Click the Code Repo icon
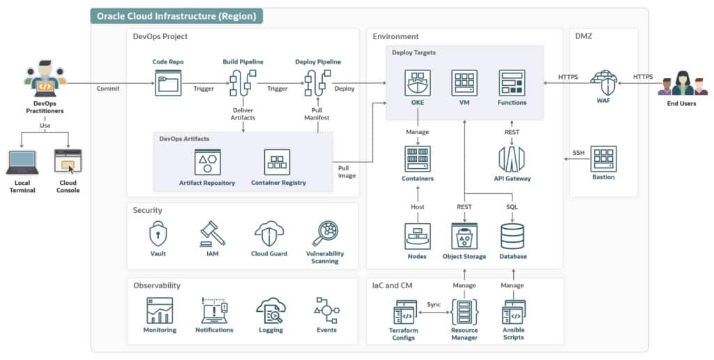[x=168, y=84]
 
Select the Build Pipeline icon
[x=243, y=84]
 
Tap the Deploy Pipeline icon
[x=317, y=84]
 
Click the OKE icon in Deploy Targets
[x=418, y=83]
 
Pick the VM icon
[x=464, y=83]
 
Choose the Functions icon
[x=511, y=83]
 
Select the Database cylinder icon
[x=512, y=237]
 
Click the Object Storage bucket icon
[x=464, y=237]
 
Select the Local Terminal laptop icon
[x=22, y=163]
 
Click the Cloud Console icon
[x=68, y=163]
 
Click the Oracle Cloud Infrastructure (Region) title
[x=176, y=16]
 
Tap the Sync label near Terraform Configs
[x=434, y=304]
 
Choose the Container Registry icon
[x=278, y=162]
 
